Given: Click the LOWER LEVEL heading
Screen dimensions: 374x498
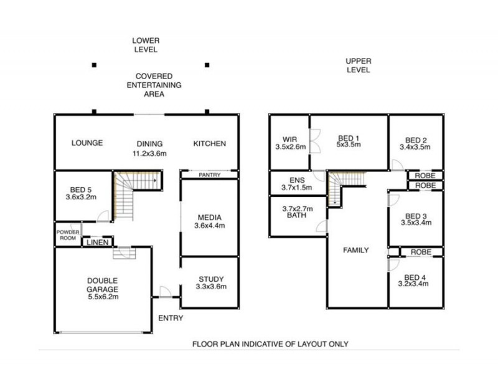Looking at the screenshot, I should (x=144, y=44).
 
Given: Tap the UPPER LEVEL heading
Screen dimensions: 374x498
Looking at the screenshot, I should (x=358, y=65).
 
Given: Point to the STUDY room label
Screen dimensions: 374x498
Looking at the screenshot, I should (x=211, y=283).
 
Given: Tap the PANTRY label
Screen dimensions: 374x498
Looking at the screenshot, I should (x=210, y=175).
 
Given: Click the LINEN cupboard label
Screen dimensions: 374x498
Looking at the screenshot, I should (x=98, y=242).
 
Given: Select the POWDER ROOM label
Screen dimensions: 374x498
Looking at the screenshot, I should (x=68, y=234).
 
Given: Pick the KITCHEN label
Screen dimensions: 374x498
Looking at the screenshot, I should (x=209, y=143).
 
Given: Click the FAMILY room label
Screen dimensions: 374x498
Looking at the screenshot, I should (x=356, y=250).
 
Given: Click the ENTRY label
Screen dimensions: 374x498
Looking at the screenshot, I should (x=171, y=318).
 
